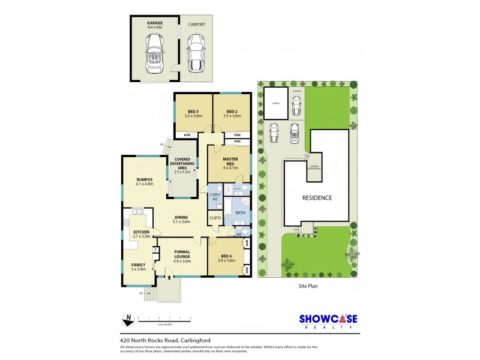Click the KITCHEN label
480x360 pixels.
(x=141, y=233)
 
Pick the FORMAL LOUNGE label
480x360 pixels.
(x=182, y=254)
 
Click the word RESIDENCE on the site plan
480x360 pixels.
(x=316, y=197)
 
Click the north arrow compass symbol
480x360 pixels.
(x=127, y=319)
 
